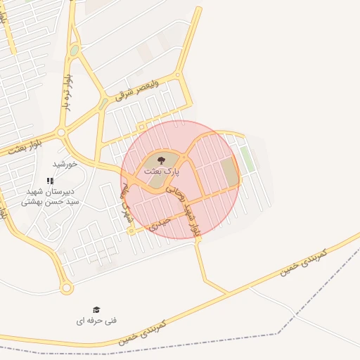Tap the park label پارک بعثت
click(162, 171)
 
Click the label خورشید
click(64, 164)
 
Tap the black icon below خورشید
click(49, 181)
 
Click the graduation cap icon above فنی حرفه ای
click(96, 309)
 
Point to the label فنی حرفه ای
click(96, 321)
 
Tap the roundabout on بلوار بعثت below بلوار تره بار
click(61, 131)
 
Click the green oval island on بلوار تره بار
click(74, 51)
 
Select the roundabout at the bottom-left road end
click(67, 288)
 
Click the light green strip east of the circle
click(247, 159)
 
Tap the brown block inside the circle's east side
click(229, 172)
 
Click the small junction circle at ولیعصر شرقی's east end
click(178, 74)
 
